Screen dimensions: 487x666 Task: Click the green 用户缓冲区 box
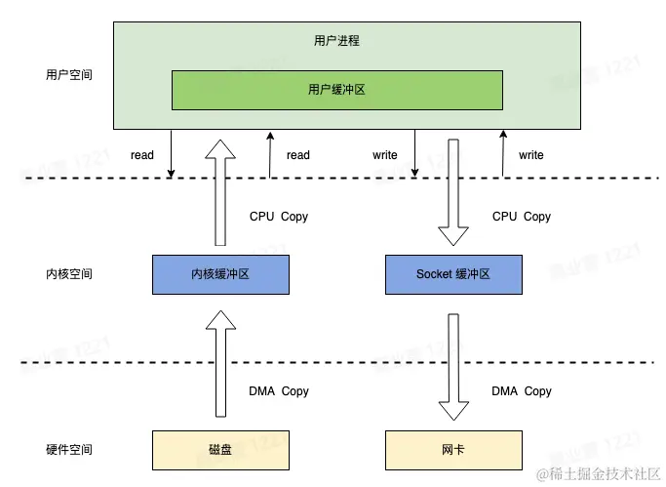coord(337,90)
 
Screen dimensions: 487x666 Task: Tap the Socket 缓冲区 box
coord(453,274)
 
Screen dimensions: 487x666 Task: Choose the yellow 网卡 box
coord(453,449)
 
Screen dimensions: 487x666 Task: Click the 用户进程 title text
coord(336,41)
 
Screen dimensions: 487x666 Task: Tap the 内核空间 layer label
coord(69,274)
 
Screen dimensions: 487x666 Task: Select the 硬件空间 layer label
coord(69,449)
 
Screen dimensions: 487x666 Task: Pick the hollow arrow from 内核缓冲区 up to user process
coord(222,193)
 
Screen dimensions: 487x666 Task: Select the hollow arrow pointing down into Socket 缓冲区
coord(454,193)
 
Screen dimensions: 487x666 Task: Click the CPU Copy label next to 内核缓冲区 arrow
coord(279,217)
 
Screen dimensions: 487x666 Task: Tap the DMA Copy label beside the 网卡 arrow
coord(522,391)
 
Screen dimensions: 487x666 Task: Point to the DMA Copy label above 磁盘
coord(279,391)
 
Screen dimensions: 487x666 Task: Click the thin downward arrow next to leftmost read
coord(172,155)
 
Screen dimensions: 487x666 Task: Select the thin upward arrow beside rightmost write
coord(503,155)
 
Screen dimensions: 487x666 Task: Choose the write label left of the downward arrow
coord(385,155)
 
